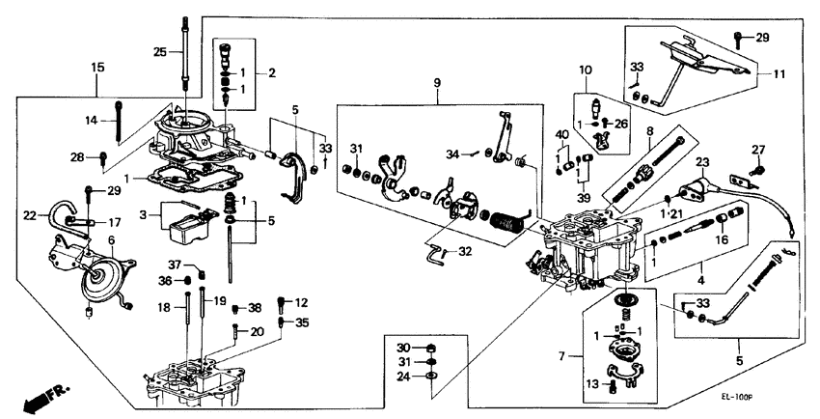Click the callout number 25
click(x=161, y=50)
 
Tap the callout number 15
click(x=97, y=67)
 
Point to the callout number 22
click(x=29, y=214)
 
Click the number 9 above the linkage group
click(x=437, y=84)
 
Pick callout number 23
click(x=702, y=162)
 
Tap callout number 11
click(x=779, y=72)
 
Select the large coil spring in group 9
click(x=507, y=233)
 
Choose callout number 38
click(x=255, y=308)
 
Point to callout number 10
click(x=586, y=70)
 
